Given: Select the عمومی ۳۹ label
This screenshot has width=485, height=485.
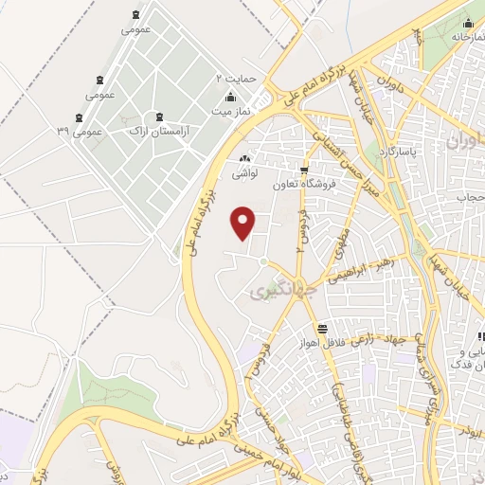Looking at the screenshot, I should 79,131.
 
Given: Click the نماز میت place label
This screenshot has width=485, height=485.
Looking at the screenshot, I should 230,112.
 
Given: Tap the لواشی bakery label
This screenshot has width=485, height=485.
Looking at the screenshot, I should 244,174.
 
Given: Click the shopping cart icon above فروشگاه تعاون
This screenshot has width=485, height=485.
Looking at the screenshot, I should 303,171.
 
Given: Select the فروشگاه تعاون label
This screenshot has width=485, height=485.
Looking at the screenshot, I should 301,186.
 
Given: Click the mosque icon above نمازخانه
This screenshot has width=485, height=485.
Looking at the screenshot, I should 468,23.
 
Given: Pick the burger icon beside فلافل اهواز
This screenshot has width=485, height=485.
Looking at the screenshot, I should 323,328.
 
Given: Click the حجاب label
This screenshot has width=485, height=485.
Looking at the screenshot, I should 471,197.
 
